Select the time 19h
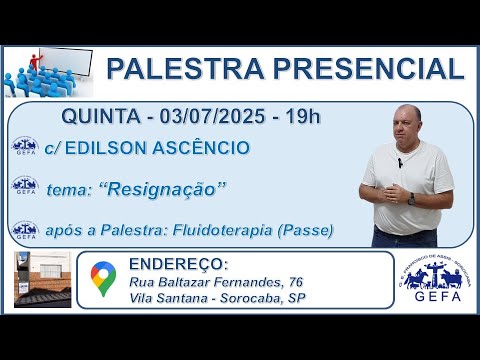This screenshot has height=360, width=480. coord(301,117)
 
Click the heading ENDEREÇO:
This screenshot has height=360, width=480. coord(178,263)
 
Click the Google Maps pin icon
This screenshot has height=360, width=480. coord(102,279)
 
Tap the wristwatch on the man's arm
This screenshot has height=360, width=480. coord(410,199)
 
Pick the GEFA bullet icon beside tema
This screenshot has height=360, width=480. coord(24,187)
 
